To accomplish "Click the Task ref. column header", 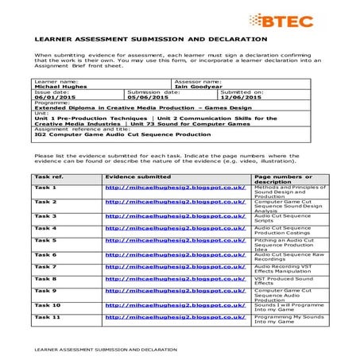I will point(49,176).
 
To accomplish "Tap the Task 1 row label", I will point(45,188).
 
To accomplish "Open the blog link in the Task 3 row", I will point(175,215).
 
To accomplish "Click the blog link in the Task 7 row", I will point(175,266).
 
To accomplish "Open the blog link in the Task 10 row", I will point(175,304).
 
